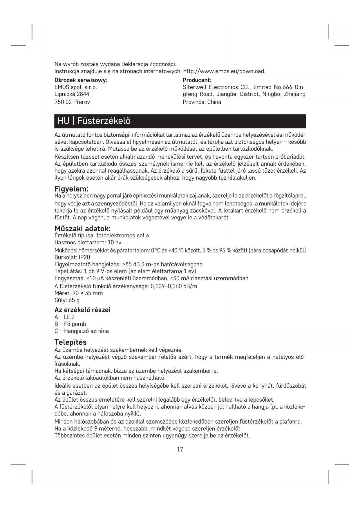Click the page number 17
coord(180,449)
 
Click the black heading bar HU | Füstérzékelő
coord(180,121)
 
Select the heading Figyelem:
coord(71,189)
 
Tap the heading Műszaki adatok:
coord(83,229)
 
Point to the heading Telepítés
coord(70,342)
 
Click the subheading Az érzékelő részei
coord(82,310)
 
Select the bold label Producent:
coord(197,80)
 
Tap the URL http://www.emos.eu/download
coord(225,71)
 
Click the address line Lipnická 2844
coord(72,94)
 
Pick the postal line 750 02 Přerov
coord(72,102)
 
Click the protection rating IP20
coord(84,257)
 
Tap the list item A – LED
coord(64,317)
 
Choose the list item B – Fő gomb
coord(70,324)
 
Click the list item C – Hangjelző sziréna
coord(82,331)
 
